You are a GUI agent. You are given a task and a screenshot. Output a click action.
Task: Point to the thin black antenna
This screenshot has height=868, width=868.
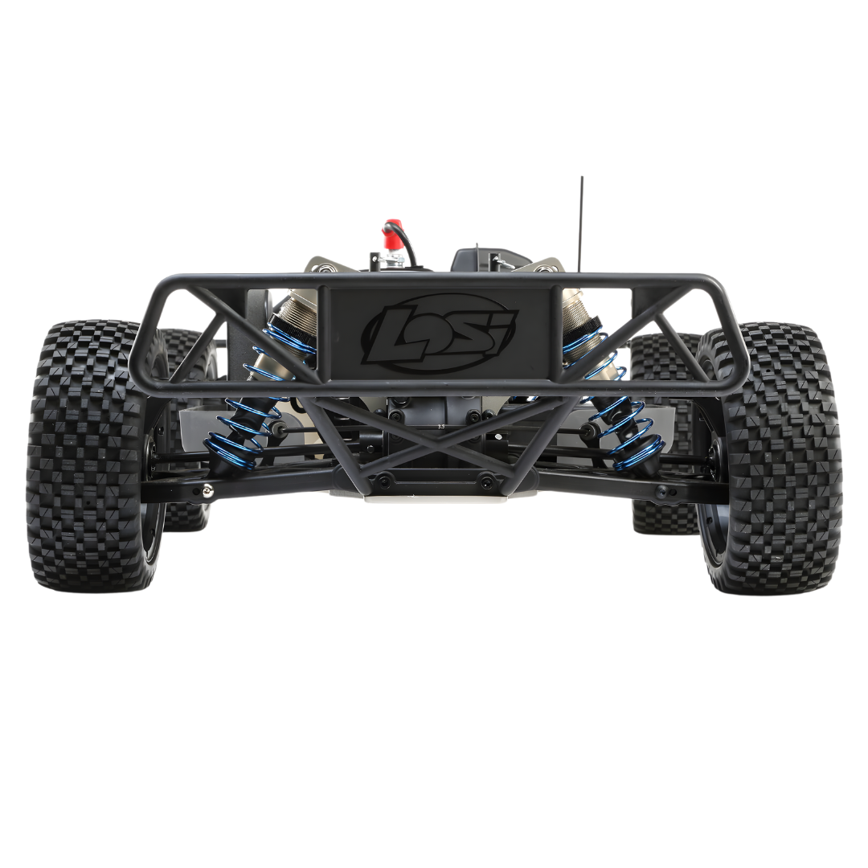pyautogui.click(x=581, y=225)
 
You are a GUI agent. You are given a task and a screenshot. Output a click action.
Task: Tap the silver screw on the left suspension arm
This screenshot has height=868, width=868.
pyautogui.click(x=207, y=489)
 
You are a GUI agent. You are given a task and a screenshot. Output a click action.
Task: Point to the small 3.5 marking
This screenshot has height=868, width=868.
pyautogui.click(x=441, y=426)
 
